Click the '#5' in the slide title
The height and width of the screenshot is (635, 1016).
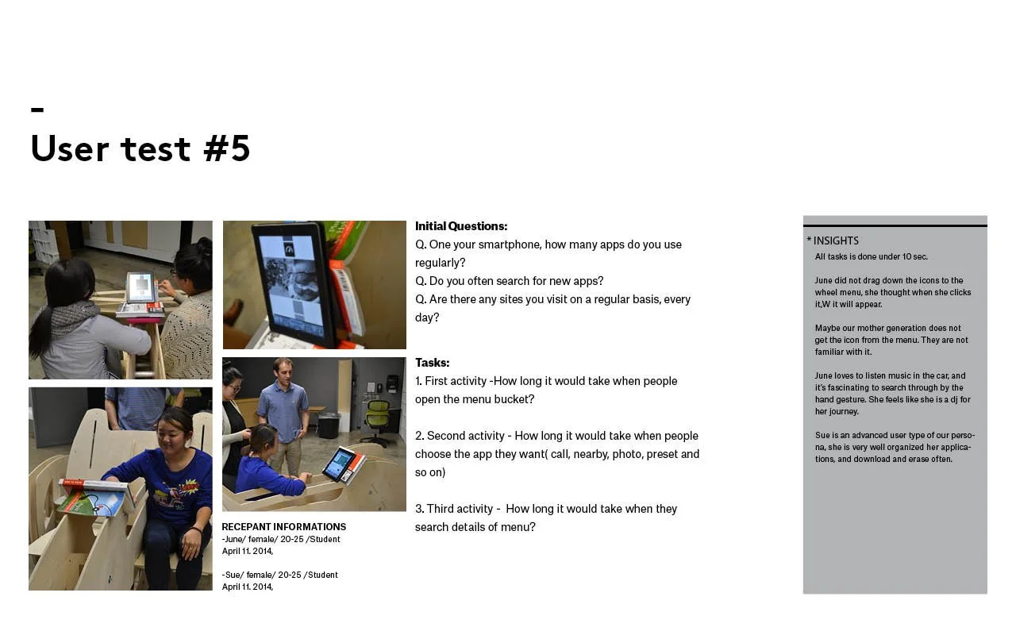tap(227, 148)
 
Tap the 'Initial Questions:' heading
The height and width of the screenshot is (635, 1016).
tap(461, 226)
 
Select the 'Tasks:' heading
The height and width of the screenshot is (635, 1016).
tap(433, 363)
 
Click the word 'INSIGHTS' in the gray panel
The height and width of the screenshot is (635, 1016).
tap(836, 241)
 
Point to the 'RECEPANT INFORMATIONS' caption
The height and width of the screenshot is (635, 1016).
tap(284, 527)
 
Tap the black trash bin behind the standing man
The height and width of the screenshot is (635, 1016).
tap(329, 425)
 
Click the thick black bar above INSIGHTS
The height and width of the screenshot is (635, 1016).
tap(895, 225)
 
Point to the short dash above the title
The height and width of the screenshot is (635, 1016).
tap(37, 110)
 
